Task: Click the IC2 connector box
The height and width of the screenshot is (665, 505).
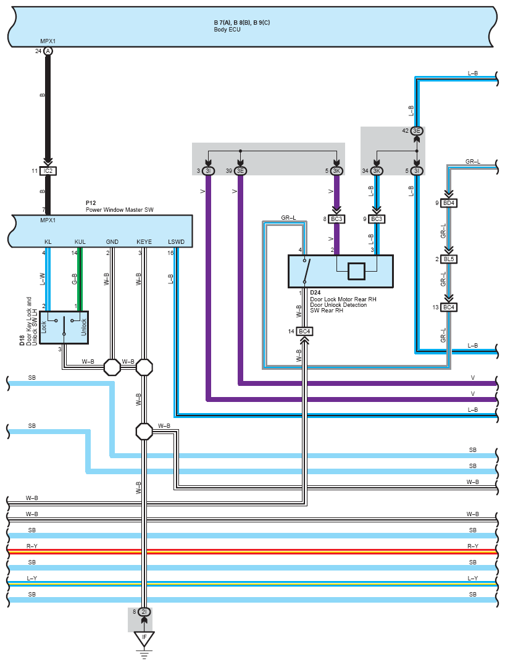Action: [x=49, y=170]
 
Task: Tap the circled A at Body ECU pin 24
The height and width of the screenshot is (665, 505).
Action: [x=48, y=51]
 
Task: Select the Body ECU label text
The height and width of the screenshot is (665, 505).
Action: [x=227, y=29]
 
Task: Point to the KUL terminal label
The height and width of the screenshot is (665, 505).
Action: [x=80, y=241]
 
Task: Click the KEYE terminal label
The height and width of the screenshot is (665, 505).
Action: [x=144, y=241]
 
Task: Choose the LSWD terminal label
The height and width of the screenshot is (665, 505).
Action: [x=176, y=241]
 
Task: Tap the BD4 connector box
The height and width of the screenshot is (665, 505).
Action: [x=449, y=203]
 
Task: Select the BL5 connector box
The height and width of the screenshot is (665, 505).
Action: [x=449, y=259]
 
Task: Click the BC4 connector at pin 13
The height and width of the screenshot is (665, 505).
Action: [x=449, y=307]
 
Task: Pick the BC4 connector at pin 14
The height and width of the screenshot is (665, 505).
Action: [x=304, y=332]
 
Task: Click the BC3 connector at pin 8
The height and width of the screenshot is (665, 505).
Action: [x=336, y=219]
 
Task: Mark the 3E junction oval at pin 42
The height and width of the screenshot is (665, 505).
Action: [x=417, y=131]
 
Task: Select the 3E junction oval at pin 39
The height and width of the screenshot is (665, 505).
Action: [x=240, y=171]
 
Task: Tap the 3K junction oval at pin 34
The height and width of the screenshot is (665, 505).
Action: [x=376, y=171]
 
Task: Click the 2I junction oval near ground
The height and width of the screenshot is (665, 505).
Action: [x=144, y=613]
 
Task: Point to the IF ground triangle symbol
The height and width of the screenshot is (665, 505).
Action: [x=144, y=638]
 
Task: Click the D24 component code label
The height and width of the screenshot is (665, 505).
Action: [x=315, y=292]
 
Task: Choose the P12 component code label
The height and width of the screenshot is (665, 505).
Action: [x=90, y=203]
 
